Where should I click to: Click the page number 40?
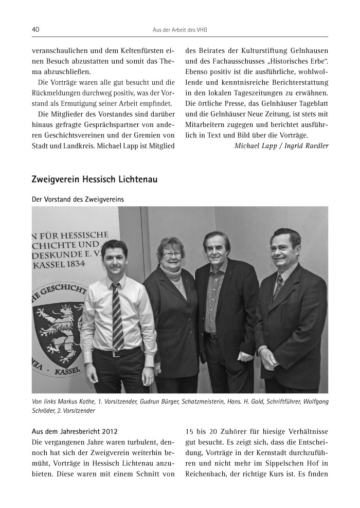point(36,30)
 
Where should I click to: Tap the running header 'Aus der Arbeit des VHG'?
point(180,30)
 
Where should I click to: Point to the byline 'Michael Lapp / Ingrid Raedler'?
point(281,146)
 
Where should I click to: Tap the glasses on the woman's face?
point(172,254)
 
